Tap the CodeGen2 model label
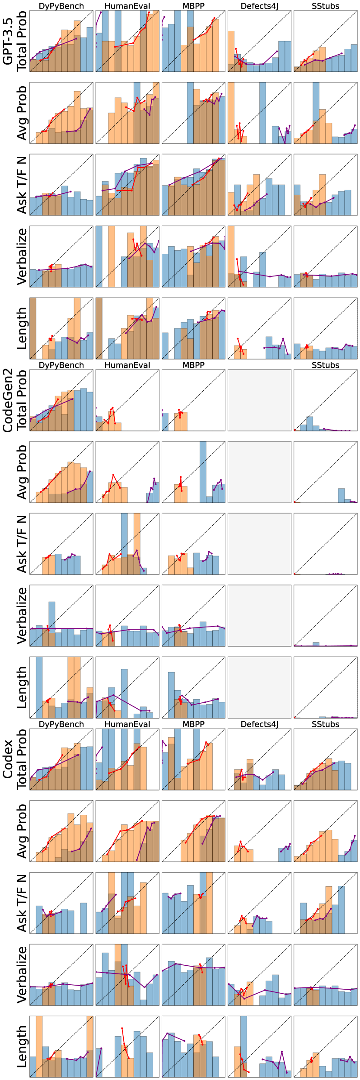tap(8, 400)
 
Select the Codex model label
tap(8, 759)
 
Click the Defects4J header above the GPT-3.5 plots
tap(259, 6)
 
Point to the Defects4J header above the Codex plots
tap(259, 724)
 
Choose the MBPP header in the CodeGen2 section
tap(193, 365)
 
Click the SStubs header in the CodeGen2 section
tap(325, 365)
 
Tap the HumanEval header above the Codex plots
tap(127, 724)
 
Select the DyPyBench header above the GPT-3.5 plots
tap(61, 6)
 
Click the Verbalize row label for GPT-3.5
tap(22, 257)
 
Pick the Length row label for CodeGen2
tap(22, 687)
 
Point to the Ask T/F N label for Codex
tap(22, 903)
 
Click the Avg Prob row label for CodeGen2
tap(22, 472)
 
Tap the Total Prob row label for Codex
tap(22, 759)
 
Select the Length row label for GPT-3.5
tap(22, 328)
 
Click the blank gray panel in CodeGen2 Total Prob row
tap(259, 400)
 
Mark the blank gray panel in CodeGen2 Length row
tap(259, 687)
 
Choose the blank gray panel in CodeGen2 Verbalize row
tap(259, 616)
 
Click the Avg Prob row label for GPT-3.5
tap(22, 113)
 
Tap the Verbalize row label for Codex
tap(22, 975)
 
